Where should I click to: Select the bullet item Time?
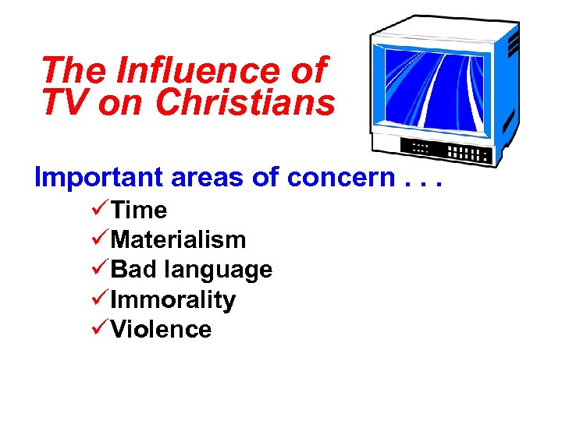[x=139, y=210]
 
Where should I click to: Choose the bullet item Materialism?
[x=179, y=240]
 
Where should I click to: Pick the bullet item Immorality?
[x=173, y=299]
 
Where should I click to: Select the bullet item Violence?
[x=161, y=329]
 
